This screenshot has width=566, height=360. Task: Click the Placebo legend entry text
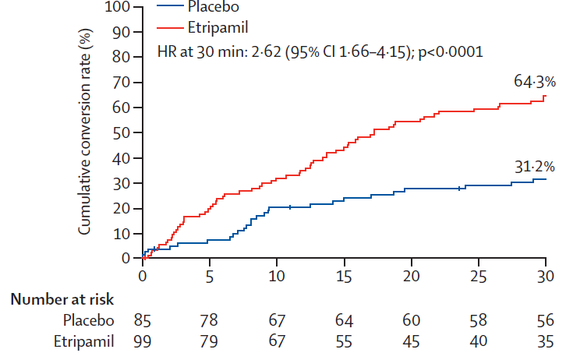click(214, 6)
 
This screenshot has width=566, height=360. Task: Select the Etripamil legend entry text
click(218, 28)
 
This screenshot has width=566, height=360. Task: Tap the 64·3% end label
click(535, 82)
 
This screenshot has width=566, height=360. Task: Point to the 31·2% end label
click(534, 167)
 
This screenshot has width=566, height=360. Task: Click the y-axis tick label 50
click(121, 132)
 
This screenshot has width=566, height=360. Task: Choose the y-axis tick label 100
click(117, 7)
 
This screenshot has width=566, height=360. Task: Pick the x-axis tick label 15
click(344, 277)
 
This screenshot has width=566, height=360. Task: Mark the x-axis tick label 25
click(478, 277)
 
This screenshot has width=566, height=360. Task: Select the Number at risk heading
click(62, 299)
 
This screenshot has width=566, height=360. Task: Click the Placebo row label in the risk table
click(88, 320)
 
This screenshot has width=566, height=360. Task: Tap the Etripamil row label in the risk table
click(83, 341)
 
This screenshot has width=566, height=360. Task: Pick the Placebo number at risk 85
click(142, 320)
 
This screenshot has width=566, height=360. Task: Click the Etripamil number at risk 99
click(142, 341)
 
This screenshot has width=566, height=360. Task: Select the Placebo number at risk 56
click(545, 320)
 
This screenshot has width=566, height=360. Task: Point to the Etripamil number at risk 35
click(545, 341)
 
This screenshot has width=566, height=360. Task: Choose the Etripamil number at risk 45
click(411, 341)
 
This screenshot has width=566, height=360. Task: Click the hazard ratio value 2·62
click(266, 52)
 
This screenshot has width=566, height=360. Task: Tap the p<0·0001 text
click(451, 53)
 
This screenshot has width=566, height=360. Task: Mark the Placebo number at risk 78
click(210, 320)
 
